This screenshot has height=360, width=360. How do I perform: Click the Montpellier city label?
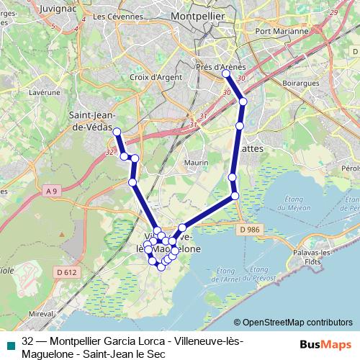coord(197,15)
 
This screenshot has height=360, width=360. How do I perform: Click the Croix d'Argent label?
coord(153,76)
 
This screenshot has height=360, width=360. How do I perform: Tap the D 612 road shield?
coord(66,272)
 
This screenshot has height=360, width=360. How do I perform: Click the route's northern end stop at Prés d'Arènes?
coord(226,74)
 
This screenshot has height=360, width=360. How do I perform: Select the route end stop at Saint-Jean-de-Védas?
coord(117,131)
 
